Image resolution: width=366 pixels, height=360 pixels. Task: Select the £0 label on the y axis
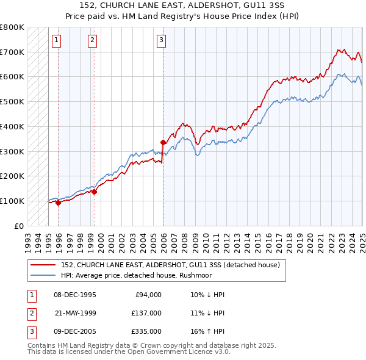(19, 226)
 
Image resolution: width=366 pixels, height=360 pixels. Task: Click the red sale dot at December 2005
(163, 143)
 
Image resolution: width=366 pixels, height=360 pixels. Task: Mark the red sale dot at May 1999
(95, 192)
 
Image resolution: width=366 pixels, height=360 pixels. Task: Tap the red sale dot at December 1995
(59, 203)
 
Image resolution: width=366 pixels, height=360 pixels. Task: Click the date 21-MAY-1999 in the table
(75, 312)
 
